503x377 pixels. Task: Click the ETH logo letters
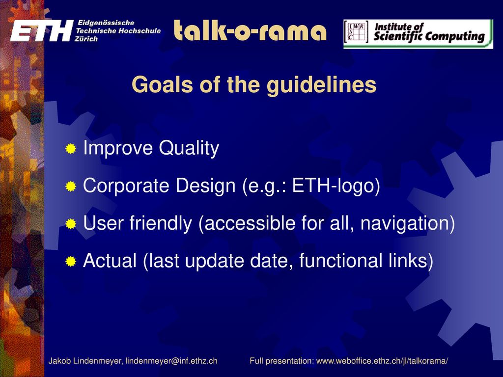42,31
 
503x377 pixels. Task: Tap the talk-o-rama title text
250,30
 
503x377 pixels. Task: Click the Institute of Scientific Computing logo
418,34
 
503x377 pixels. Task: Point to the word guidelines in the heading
321,85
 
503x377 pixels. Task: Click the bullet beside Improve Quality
71,149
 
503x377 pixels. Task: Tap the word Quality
189,148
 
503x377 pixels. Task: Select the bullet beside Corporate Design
71,186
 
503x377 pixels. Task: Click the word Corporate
126,186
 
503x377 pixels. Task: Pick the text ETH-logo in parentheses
334,186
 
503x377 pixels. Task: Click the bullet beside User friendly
71,224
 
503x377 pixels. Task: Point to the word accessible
250,223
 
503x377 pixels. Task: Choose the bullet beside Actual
71,262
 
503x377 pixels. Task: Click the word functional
340,260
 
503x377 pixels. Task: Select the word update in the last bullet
215,261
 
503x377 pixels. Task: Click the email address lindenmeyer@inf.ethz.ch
171,361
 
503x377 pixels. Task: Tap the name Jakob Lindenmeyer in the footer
85,361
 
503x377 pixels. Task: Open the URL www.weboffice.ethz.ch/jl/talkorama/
382,361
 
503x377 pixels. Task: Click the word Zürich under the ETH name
86,39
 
